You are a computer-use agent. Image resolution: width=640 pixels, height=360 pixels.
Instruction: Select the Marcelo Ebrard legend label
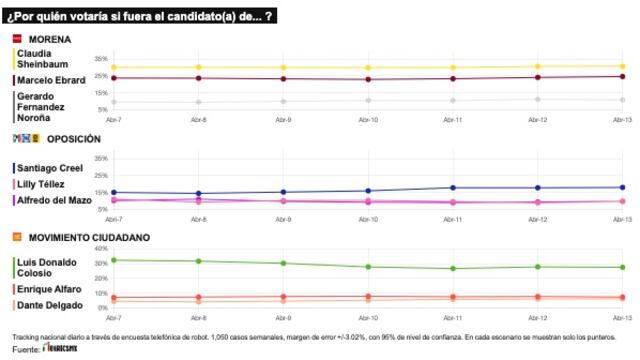pyautogui.click(x=49, y=79)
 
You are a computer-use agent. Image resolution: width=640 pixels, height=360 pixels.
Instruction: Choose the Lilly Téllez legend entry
pyautogui.click(x=41, y=185)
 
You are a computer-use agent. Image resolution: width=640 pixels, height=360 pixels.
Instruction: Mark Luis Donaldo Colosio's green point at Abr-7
pyautogui.click(x=113, y=260)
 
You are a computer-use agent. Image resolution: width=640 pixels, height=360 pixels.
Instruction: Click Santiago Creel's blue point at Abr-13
pyautogui.click(x=623, y=187)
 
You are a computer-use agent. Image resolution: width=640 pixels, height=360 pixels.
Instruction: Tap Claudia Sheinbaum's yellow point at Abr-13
pyautogui.click(x=623, y=66)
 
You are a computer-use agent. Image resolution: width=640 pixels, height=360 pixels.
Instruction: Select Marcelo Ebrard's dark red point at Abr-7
pyautogui.click(x=113, y=78)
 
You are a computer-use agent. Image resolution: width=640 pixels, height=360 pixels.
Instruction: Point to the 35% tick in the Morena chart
pyautogui.click(x=101, y=59)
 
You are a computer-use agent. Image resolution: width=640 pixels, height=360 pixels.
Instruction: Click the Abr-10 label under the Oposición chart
pyautogui.click(x=368, y=217)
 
